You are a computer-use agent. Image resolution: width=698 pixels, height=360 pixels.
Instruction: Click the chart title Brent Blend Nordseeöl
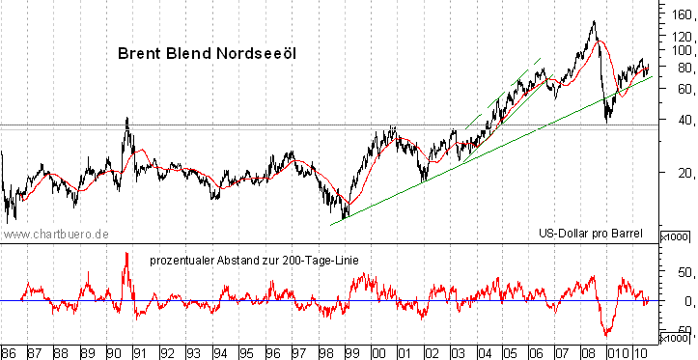tap(206, 54)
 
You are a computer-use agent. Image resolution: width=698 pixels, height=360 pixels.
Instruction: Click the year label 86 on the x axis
tap(10, 352)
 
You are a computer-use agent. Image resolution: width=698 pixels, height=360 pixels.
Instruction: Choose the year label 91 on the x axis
tap(140, 352)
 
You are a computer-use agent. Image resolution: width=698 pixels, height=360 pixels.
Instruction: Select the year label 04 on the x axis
tap(483, 352)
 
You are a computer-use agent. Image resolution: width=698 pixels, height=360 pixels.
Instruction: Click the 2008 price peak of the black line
tap(593, 21)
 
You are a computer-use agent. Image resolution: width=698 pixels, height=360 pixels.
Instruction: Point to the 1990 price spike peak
tap(127, 118)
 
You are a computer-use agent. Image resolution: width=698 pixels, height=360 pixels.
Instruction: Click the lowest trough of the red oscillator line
tap(607, 335)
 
